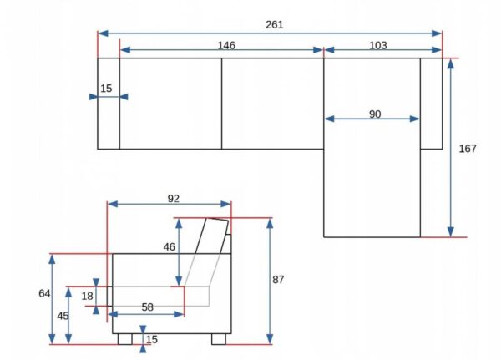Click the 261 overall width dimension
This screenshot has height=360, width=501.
click(275, 25)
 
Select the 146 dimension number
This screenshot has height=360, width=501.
click(226, 45)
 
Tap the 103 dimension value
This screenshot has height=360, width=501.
click(378, 45)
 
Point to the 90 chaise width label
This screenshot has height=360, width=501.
click(375, 114)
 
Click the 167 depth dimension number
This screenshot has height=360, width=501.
click(468, 149)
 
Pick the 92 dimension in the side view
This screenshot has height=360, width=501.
click(174, 199)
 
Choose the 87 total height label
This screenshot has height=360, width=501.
click(278, 280)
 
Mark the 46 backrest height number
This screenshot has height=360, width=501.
click(170, 246)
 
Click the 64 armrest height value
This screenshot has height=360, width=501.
click(44, 293)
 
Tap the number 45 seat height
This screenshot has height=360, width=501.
click(63, 316)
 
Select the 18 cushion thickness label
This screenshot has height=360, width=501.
click(87, 296)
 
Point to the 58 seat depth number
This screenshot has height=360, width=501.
click(147, 307)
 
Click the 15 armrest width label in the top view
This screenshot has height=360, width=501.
click(106, 89)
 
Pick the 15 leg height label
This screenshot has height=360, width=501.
click(152, 340)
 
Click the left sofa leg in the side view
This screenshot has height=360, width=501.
click(125, 339)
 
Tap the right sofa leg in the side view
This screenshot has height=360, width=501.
click(219, 339)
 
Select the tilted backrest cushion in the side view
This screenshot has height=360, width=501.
click(212, 236)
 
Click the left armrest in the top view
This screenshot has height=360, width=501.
click(109, 104)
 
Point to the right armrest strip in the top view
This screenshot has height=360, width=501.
click(432, 104)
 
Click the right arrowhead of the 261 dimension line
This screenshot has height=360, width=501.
click(437, 33)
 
